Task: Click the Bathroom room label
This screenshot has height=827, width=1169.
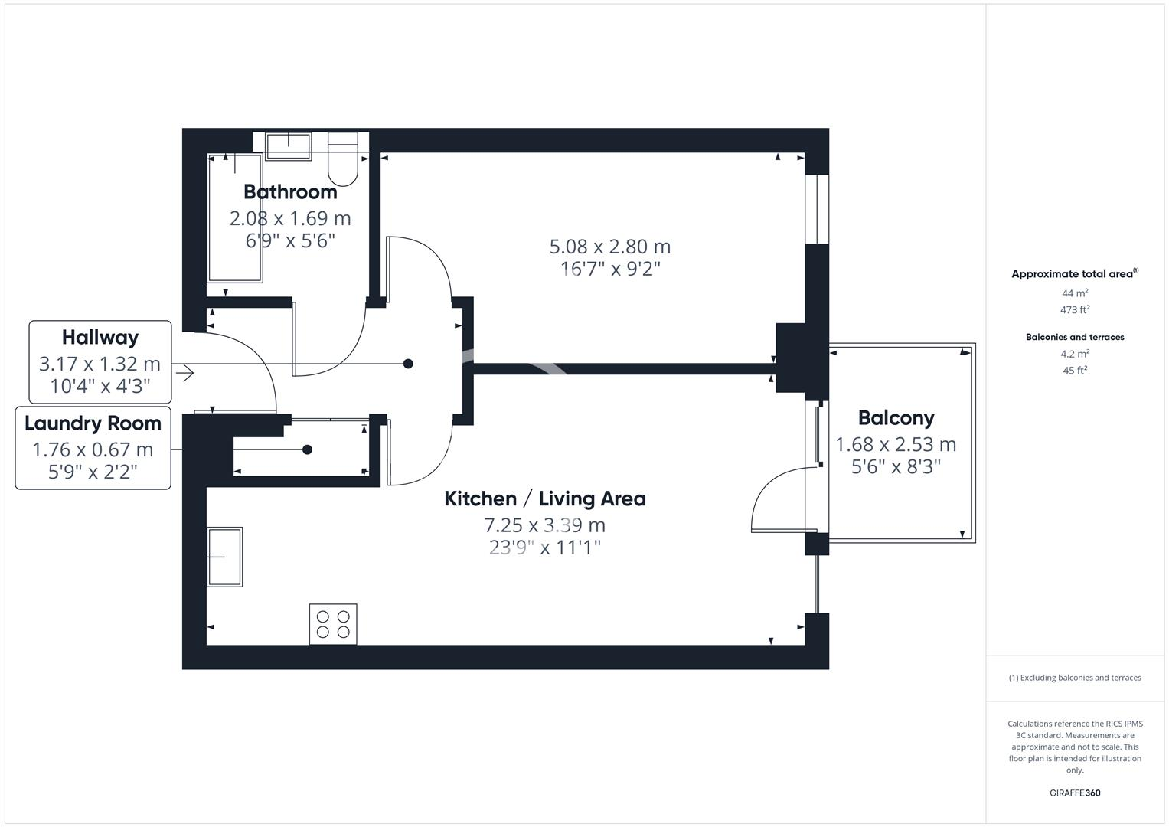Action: tap(290, 191)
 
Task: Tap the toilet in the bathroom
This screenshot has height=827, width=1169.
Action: tap(342, 160)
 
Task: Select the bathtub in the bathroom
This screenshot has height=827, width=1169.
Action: tap(235, 217)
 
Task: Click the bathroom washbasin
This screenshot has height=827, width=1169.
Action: tap(289, 145)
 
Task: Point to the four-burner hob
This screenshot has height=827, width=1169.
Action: tap(333, 624)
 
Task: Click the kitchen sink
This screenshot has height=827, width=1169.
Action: tap(224, 557)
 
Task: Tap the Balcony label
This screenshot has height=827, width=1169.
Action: tap(896, 418)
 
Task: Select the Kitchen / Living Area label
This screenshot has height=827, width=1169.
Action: tap(544, 499)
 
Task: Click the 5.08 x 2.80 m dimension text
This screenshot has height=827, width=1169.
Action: tap(609, 247)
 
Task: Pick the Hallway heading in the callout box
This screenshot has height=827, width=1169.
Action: tap(100, 338)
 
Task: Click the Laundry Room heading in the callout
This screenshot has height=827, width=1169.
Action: tap(93, 423)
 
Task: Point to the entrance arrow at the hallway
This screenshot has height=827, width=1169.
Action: tap(184, 374)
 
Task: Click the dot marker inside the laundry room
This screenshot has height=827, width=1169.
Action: tap(307, 449)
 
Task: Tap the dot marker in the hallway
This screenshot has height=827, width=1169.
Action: tap(408, 364)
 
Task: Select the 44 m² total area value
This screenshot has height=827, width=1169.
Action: tap(1075, 293)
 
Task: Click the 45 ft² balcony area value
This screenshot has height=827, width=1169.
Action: tap(1075, 371)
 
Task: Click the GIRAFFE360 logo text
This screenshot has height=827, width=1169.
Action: tap(1074, 793)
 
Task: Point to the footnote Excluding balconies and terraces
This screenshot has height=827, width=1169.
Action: tap(1074, 678)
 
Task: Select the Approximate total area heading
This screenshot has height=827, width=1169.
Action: tap(1073, 274)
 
